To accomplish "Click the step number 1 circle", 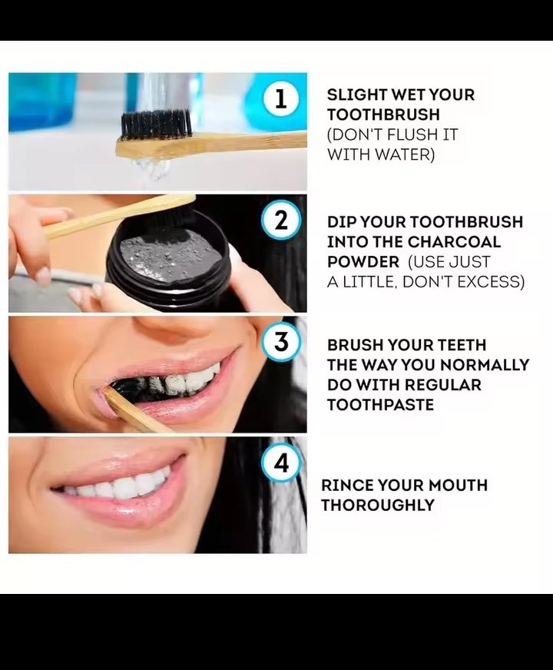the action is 280,98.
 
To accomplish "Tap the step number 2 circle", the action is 280,221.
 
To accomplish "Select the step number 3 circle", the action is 280,342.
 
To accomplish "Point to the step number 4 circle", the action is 280,463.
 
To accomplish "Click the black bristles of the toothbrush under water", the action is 155,124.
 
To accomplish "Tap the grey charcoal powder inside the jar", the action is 170,256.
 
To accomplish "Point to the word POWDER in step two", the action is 363,262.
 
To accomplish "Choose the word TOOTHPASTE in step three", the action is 380,405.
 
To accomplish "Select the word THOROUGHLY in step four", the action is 378,505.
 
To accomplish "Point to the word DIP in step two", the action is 340,222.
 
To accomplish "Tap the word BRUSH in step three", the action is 356,345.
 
